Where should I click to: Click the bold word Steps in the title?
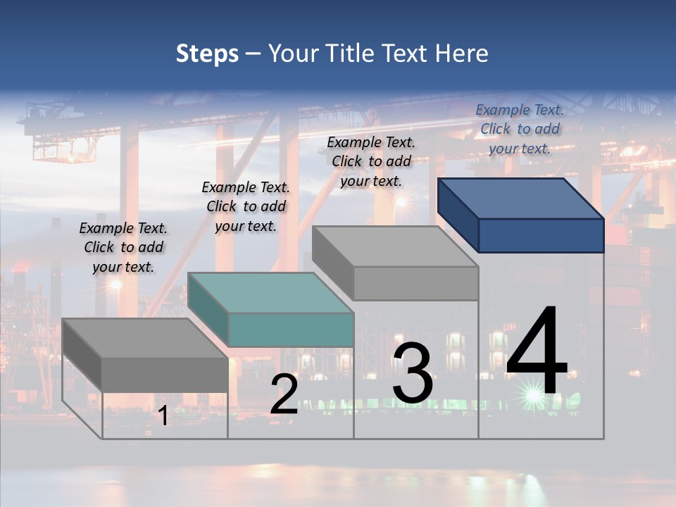coord(207,54)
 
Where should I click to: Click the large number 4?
coord(537,352)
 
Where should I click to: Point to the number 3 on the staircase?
coord(413,373)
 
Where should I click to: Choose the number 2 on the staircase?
coord(284,395)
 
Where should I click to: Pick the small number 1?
coord(163,416)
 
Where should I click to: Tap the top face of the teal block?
coord(270,292)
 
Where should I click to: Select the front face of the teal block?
coord(291,330)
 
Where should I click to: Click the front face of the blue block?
coord(541,235)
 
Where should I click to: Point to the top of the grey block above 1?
coord(145,338)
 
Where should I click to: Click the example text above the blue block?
coord(520,129)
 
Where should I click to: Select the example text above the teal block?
coord(246,206)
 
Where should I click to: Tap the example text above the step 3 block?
coord(371,161)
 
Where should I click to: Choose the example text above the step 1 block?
coord(123,247)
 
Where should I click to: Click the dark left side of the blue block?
coord(458,214)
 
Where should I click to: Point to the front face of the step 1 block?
coord(165,375)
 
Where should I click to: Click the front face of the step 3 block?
coord(415,283)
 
